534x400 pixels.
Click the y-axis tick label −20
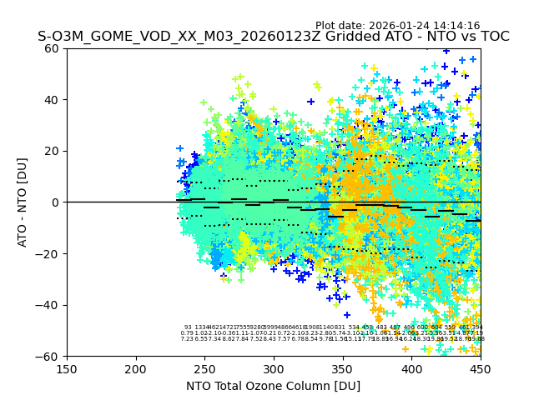click(50, 253)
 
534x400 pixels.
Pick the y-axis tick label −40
click(50, 305)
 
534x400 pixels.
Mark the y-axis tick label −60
click(50, 356)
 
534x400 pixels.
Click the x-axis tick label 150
click(67, 368)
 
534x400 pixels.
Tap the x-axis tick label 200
click(136, 368)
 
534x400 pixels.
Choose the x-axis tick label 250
click(204, 368)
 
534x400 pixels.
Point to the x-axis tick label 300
click(274, 368)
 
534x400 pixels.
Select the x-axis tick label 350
click(343, 368)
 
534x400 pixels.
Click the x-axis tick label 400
click(411, 368)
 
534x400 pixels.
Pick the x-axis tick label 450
click(480, 368)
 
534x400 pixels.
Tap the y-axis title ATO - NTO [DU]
click(23, 202)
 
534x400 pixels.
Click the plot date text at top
click(397, 26)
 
